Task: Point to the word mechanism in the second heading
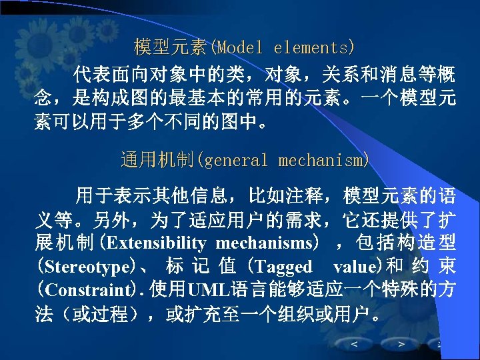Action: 321,161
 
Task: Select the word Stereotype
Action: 87,267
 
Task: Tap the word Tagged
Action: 283,267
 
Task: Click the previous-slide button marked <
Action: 353,344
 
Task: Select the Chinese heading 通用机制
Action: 157,161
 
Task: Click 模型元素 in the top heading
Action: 171,48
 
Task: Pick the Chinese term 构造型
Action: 434,243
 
